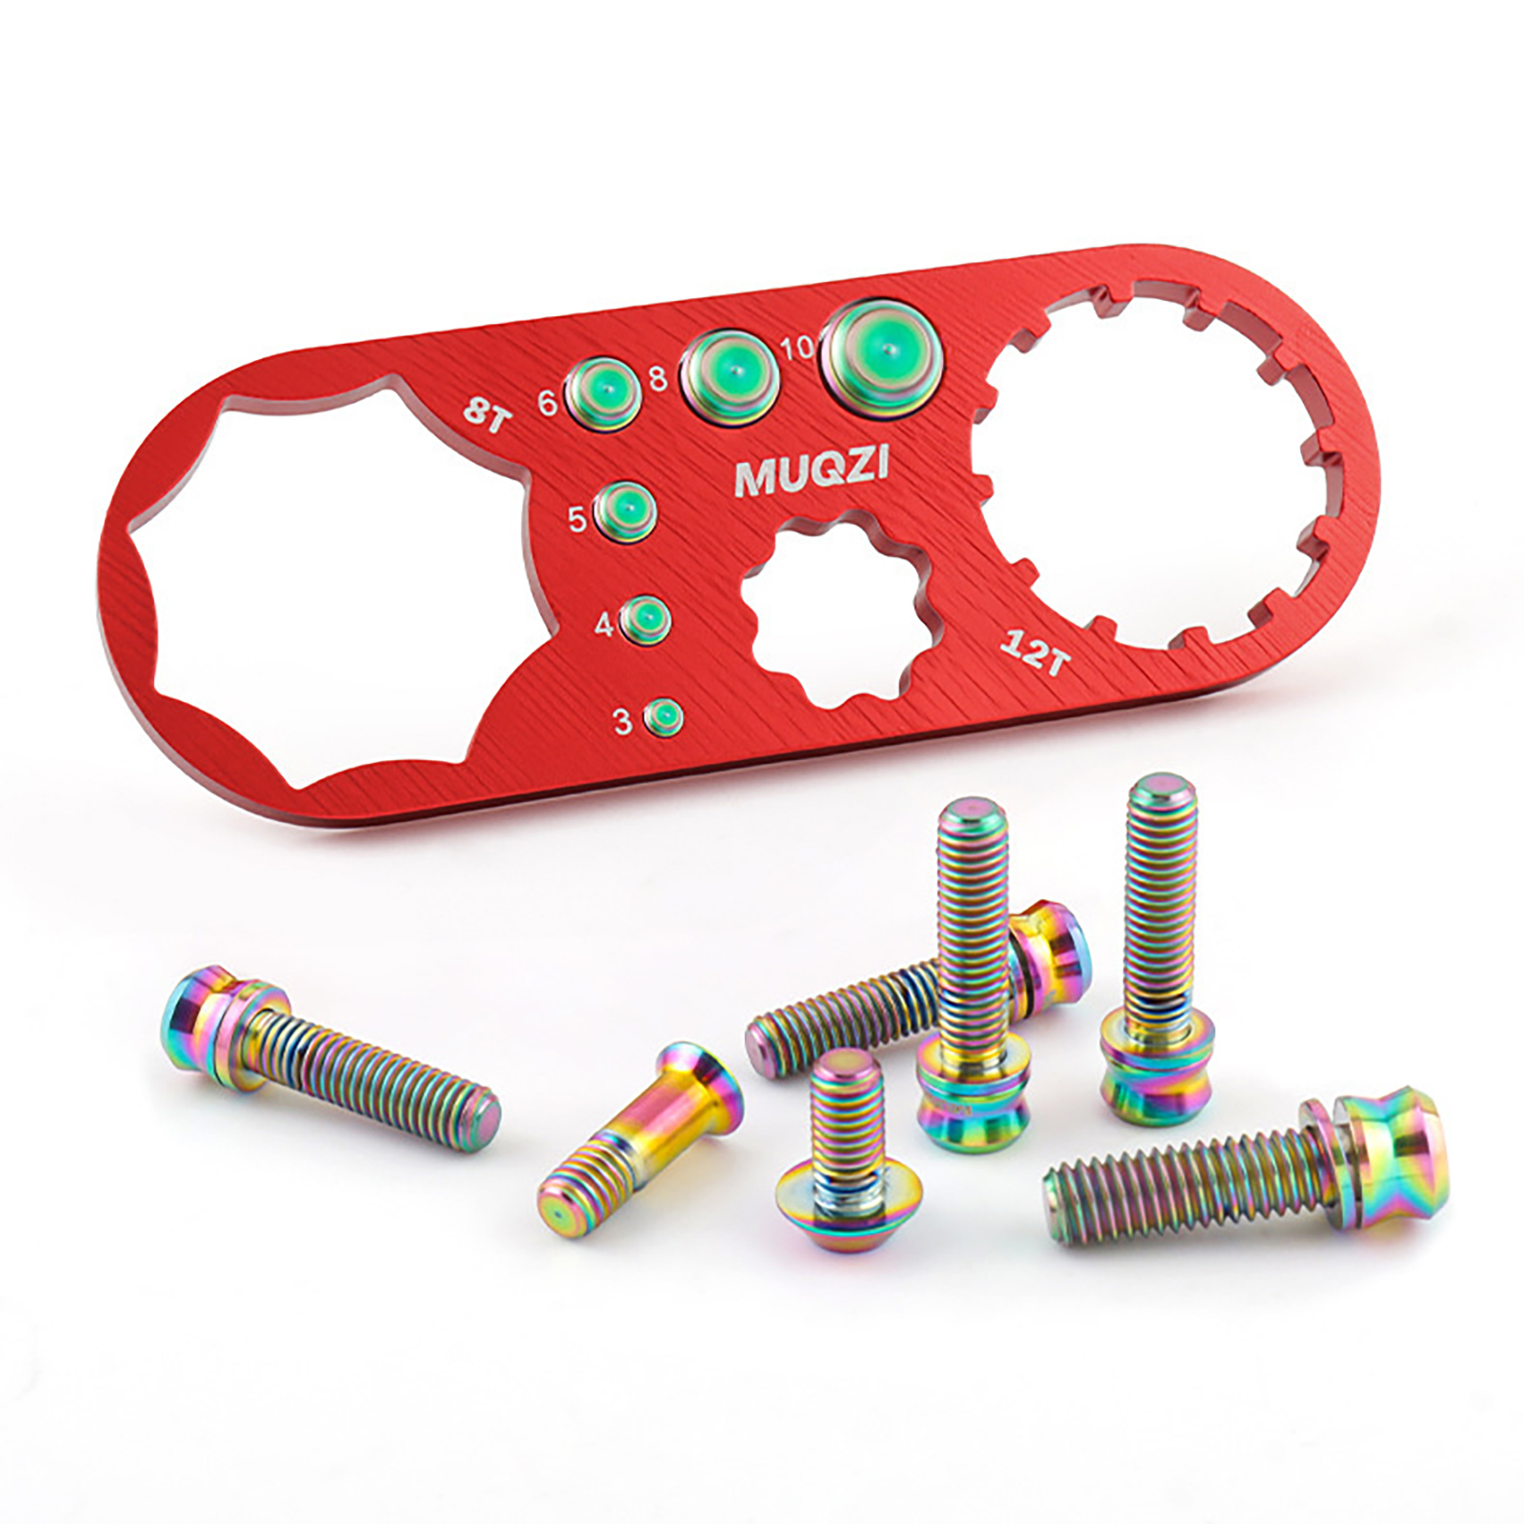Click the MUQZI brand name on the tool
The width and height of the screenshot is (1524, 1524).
click(812, 471)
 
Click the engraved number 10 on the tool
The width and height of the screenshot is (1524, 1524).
click(798, 349)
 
